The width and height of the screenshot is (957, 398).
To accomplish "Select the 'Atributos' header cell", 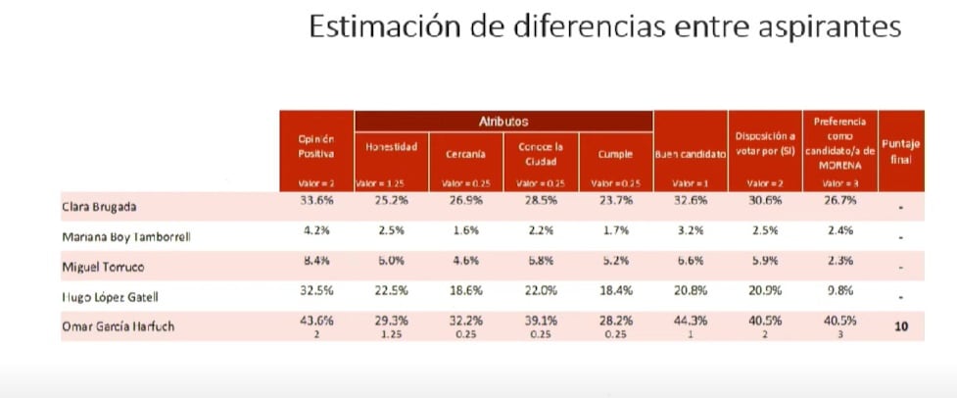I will [503, 122].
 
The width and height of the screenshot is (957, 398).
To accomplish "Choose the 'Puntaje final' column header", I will [900, 151].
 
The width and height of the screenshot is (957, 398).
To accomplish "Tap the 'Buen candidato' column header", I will [690, 155].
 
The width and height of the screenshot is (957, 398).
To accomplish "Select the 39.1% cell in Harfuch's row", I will [540, 321].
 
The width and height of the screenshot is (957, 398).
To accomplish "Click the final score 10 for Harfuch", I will [901, 325].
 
